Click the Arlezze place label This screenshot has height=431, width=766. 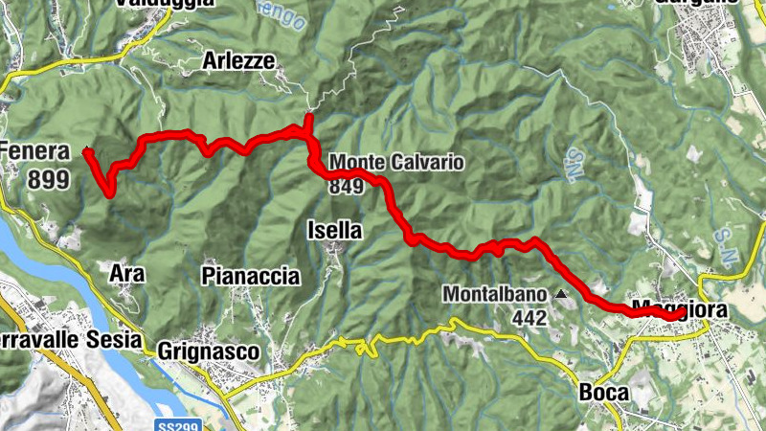[x=238, y=61]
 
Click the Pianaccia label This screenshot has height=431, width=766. [x=251, y=277]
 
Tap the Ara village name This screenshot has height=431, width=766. [x=127, y=274]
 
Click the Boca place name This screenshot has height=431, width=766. [x=603, y=393]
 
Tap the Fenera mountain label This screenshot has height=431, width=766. [x=35, y=151]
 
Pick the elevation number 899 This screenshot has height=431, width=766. [x=48, y=178]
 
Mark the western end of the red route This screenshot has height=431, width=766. [x=87, y=150]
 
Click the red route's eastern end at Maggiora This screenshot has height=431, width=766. [x=680, y=312]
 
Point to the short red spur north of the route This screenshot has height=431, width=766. [x=308, y=122]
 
